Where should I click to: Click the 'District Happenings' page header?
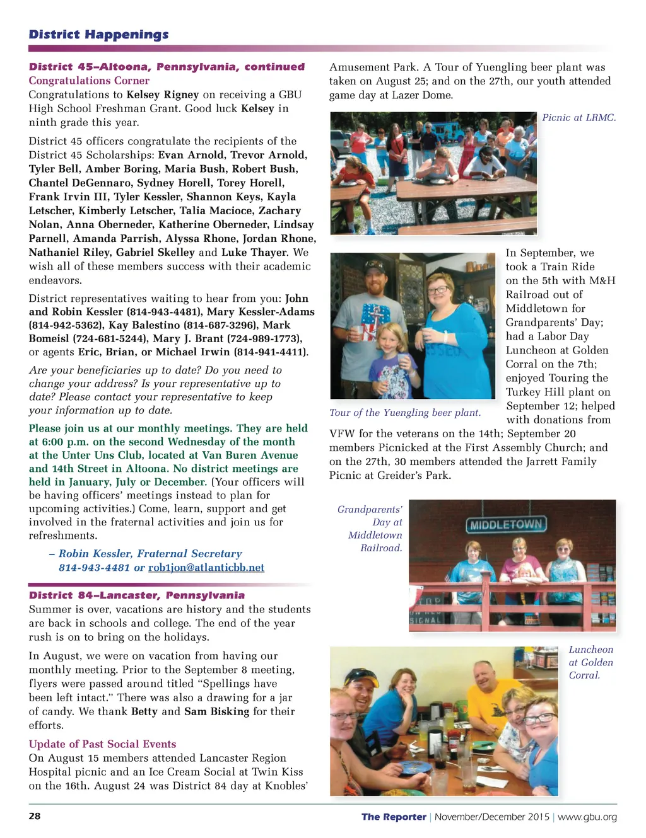pyautogui.click(x=98, y=35)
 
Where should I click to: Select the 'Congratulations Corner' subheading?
pyautogui.click(x=89, y=81)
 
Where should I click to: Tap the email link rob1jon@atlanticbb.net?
pyautogui.click(x=206, y=568)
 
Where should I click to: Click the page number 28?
pyautogui.click(x=35, y=816)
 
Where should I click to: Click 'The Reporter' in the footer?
pyautogui.click(x=394, y=817)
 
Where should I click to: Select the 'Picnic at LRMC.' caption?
pyautogui.click(x=579, y=118)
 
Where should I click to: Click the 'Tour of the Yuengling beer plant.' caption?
pyautogui.click(x=405, y=413)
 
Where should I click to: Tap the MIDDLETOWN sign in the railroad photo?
pyautogui.click(x=506, y=525)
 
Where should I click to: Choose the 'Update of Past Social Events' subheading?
pyautogui.click(x=102, y=744)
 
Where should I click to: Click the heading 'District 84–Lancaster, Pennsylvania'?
pyautogui.click(x=137, y=595)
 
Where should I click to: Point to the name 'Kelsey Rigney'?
pyautogui.click(x=163, y=95)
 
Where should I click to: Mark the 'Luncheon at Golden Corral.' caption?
pyautogui.click(x=590, y=662)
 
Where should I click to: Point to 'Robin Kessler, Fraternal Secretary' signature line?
pyautogui.click(x=150, y=554)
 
